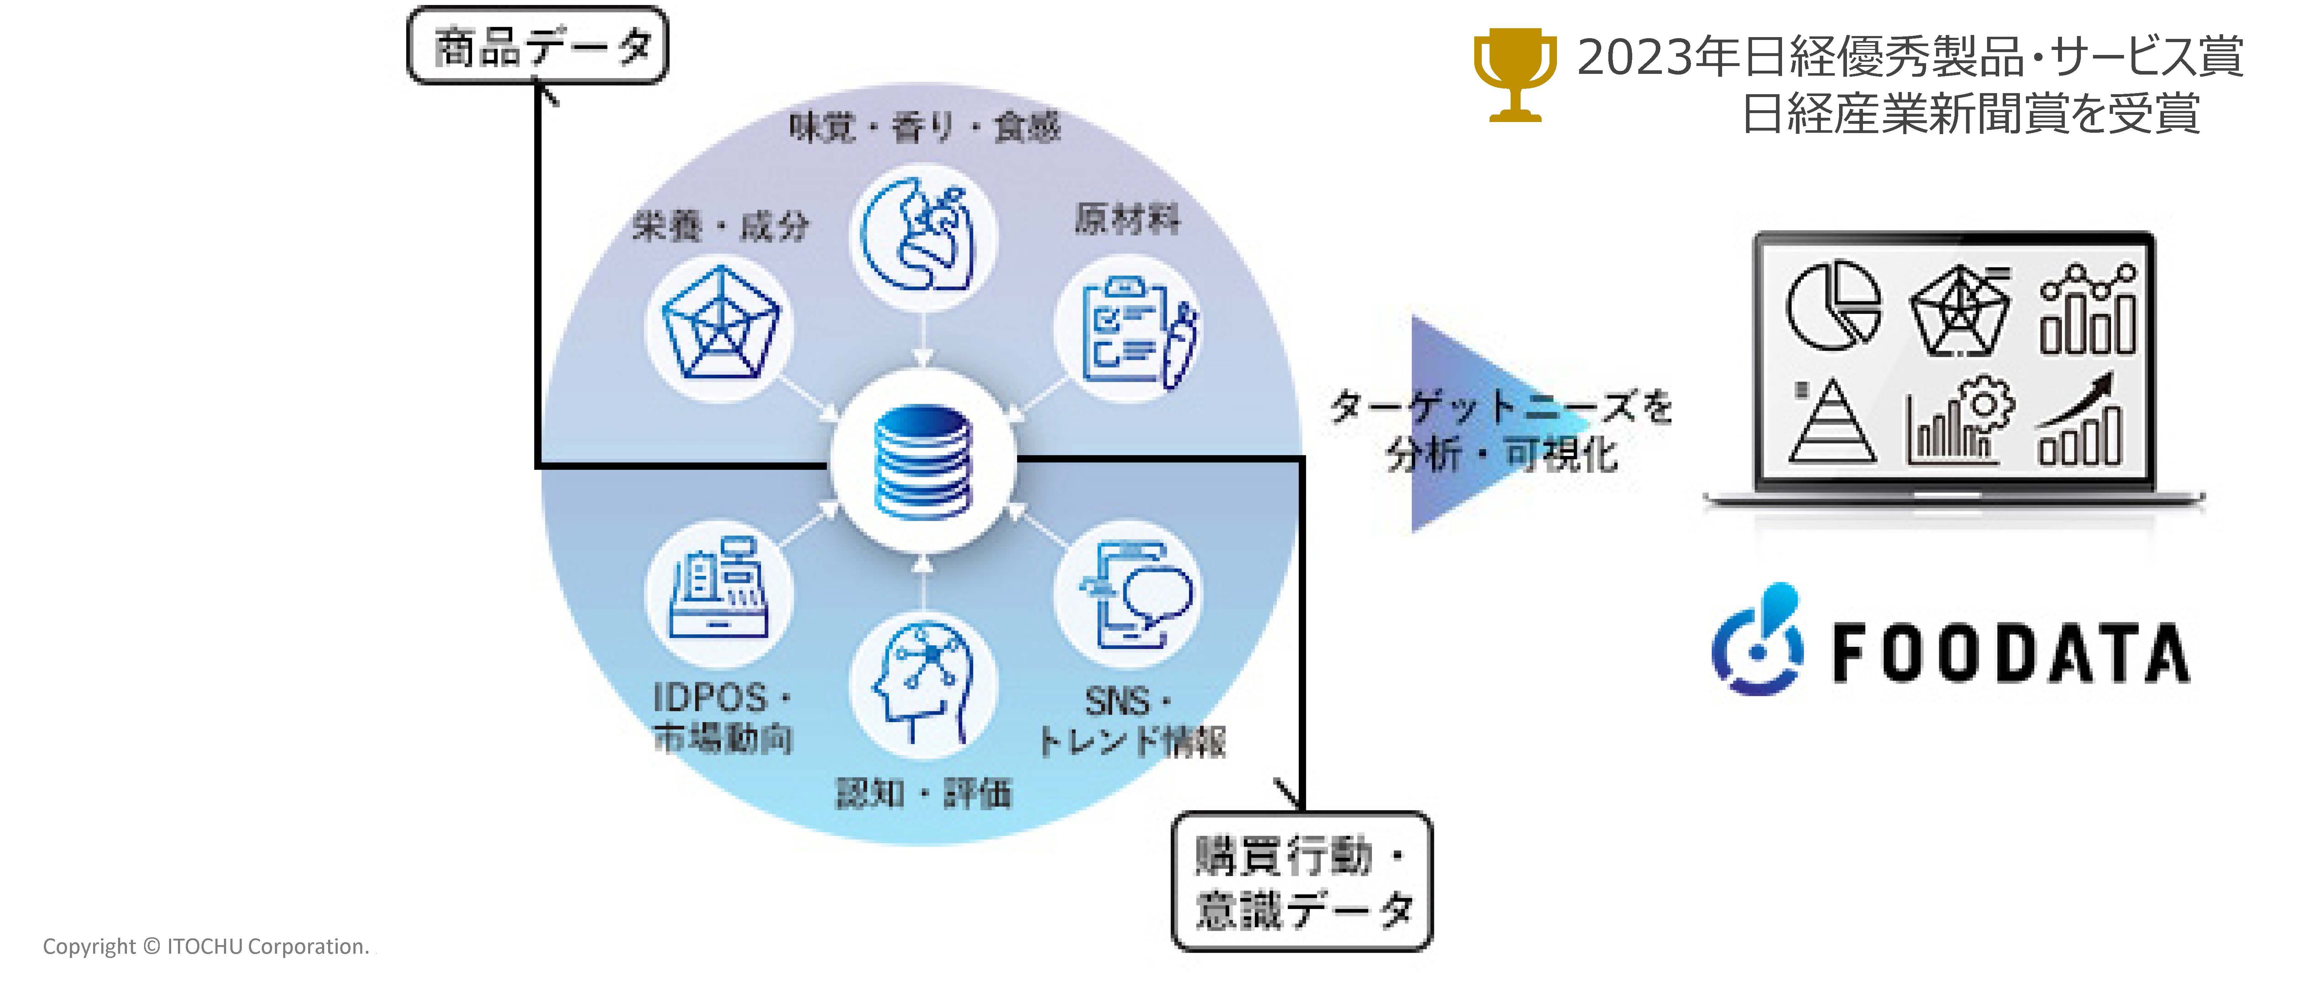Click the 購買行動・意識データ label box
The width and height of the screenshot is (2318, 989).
point(1301,882)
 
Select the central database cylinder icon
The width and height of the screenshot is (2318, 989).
point(923,462)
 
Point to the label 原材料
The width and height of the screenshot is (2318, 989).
point(1127,218)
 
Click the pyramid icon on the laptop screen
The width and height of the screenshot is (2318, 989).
point(1832,421)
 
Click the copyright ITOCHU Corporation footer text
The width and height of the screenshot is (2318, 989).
point(206,947)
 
